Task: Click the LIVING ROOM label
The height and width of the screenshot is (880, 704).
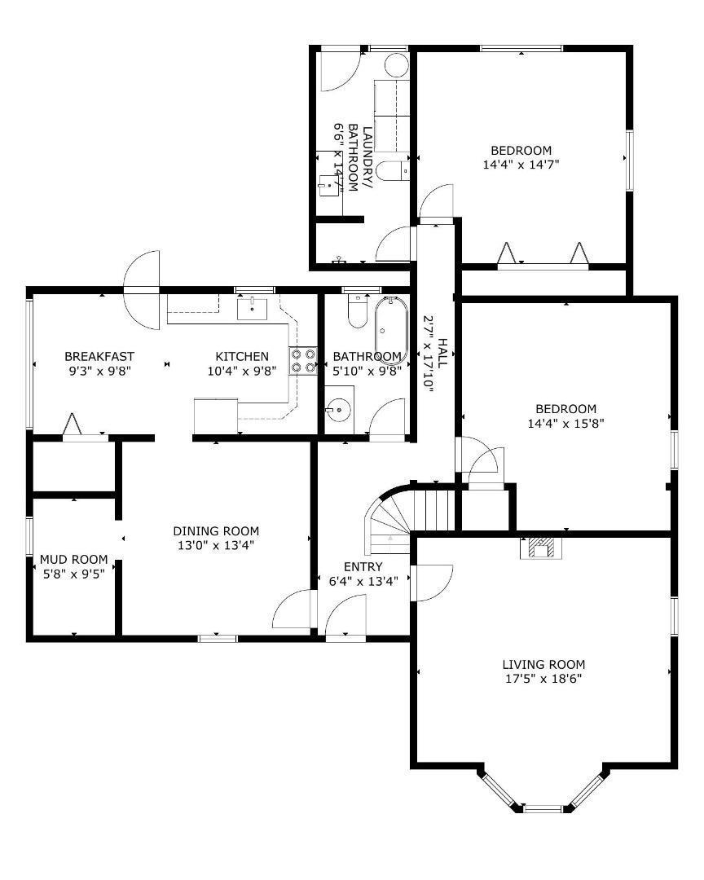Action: (543, 664)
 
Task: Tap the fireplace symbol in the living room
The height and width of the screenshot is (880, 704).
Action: (539, 548)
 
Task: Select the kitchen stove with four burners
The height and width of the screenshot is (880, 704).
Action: (302, 361)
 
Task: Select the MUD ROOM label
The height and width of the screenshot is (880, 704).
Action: (73, 559)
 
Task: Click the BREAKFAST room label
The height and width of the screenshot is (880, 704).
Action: (99, 356)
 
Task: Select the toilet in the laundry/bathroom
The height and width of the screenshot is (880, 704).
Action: (394, 170)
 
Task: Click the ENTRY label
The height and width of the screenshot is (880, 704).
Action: (363, 567)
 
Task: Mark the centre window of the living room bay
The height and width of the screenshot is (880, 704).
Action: (543, 808)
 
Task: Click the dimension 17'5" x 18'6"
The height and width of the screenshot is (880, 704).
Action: (543, 678)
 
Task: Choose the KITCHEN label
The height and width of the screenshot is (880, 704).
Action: (241, 356)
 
